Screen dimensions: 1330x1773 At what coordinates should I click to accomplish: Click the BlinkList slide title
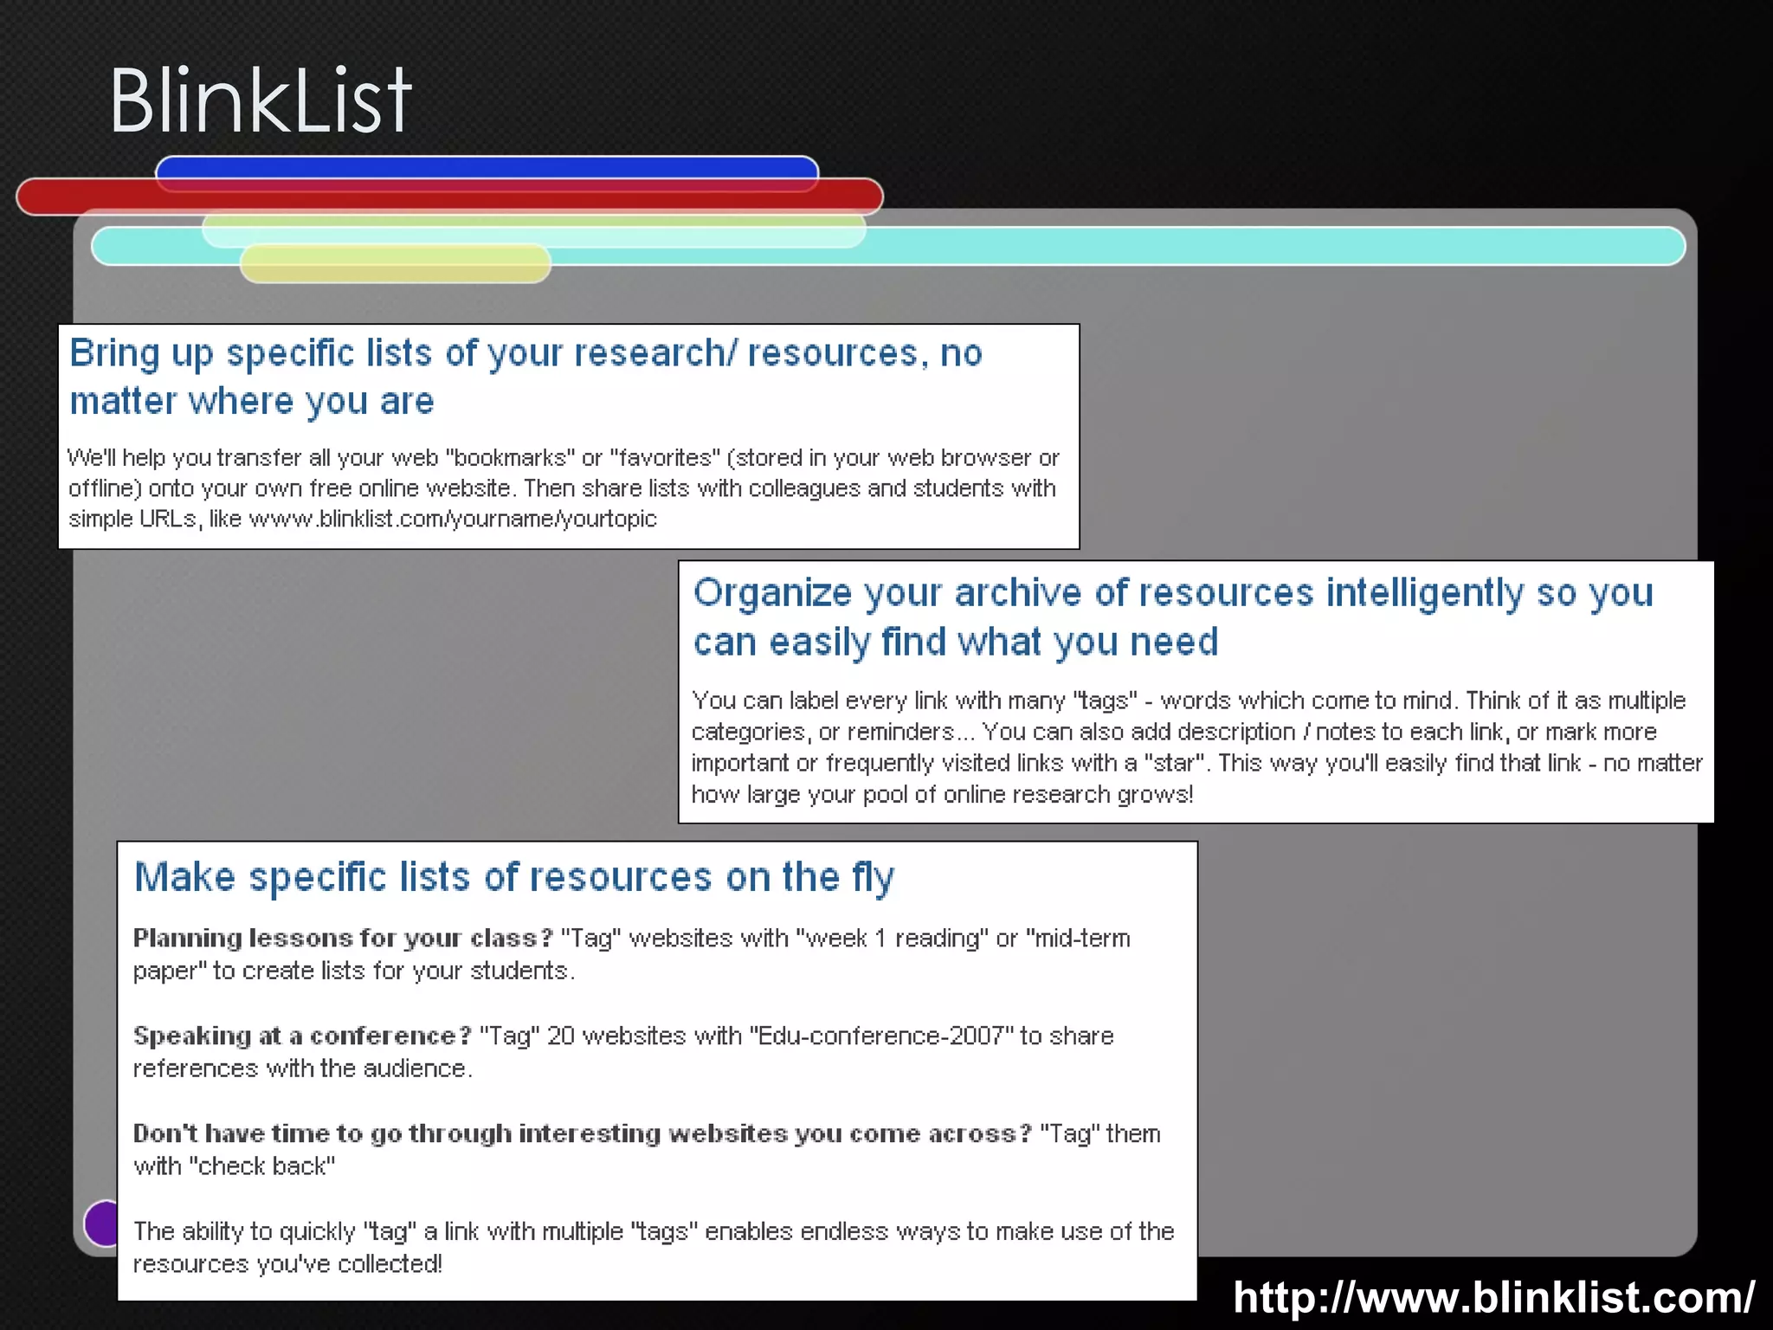(260, 101)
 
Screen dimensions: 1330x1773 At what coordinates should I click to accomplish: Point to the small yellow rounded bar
(395, 264)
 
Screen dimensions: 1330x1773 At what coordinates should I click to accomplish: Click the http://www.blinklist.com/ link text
(1493, 1297)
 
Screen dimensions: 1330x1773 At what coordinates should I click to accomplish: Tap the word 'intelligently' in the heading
(1424, 593)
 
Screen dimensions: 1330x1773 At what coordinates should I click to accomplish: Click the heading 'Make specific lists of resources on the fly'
(514, 877)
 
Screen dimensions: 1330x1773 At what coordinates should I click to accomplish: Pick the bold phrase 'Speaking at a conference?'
(302, 1036)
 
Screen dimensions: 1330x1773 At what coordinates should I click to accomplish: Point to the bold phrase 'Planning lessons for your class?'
(343, 938)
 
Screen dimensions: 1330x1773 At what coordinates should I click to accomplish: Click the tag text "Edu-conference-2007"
(881, 1036)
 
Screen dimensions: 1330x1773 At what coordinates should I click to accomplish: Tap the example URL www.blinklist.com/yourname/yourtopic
(453, 519)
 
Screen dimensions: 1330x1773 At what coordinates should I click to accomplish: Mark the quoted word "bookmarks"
(511, 457)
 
